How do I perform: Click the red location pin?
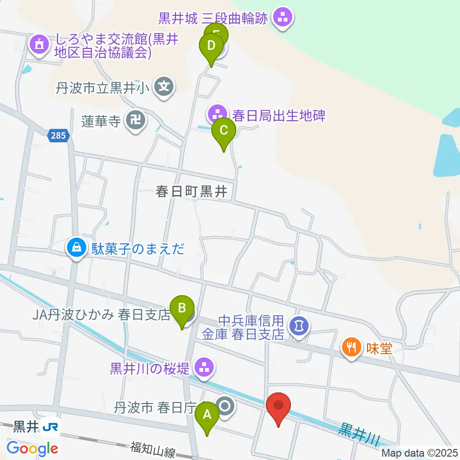tap(278, 406)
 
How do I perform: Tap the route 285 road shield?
tap(58, 137)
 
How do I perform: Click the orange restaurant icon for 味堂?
tap(352, 347)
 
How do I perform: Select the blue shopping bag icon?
tap(76, 247)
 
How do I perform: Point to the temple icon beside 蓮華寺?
tap(133, 121)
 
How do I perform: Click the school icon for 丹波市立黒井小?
tap(165, 87)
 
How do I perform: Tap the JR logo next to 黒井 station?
tap(50, 426)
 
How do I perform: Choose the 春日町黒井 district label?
tap(191, 192)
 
